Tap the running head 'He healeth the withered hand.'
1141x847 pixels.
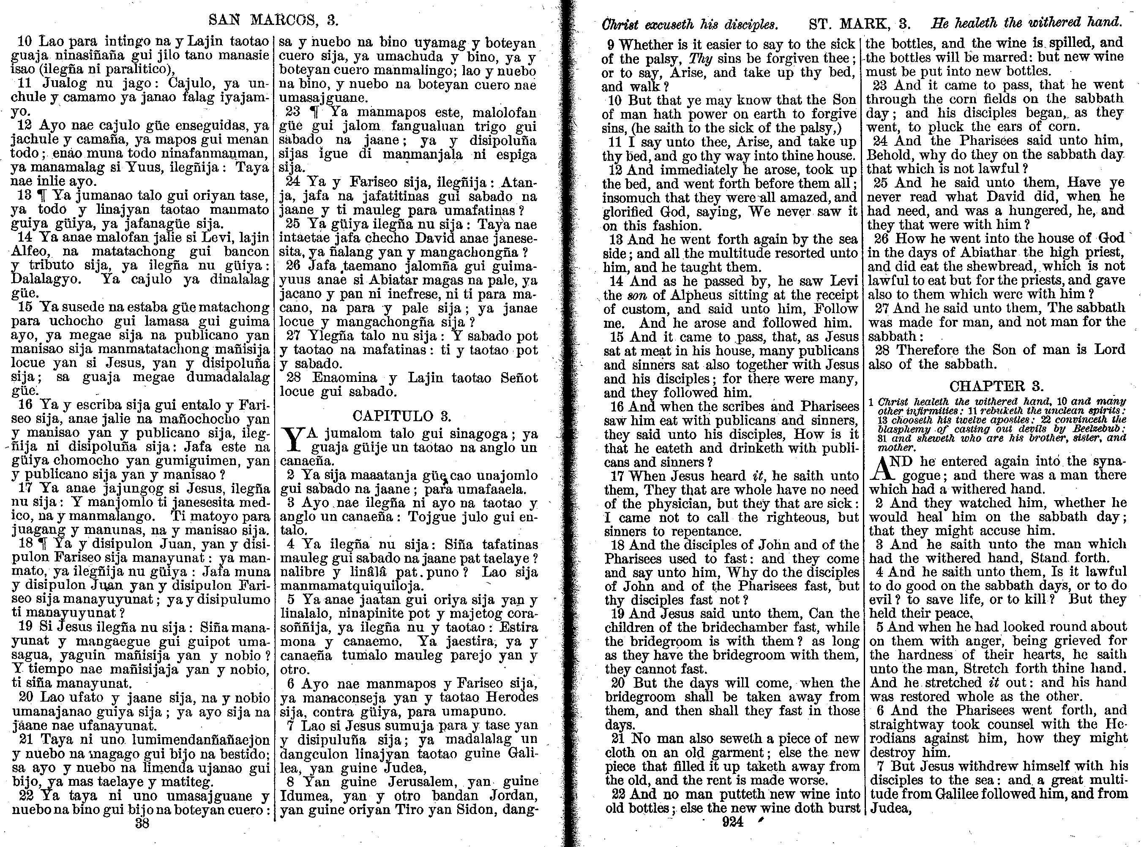point(1026,22)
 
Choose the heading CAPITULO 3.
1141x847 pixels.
point(401,416)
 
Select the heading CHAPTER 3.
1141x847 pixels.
point(996,386)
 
